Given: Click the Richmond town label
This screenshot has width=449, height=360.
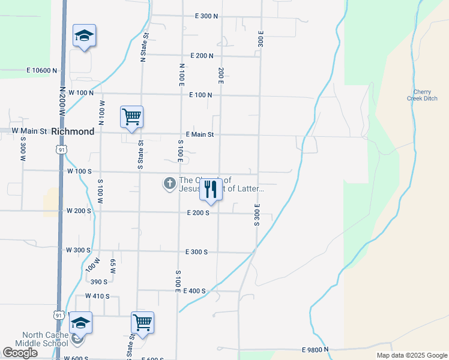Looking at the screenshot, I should point(73,131).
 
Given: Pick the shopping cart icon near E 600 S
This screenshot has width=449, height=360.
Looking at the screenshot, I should point(142,322).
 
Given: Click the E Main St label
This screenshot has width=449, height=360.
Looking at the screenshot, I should point(200,134).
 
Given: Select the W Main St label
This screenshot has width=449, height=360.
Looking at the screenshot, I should point(29,130).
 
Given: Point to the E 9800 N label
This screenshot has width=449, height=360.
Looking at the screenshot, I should point(315,349).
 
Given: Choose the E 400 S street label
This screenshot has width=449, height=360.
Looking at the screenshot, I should point(195,291).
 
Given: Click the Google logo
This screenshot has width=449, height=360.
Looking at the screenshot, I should point(20,353).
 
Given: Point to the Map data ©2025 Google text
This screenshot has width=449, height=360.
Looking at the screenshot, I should point(411,355).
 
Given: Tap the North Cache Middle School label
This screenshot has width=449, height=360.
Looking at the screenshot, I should point(45,339).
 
